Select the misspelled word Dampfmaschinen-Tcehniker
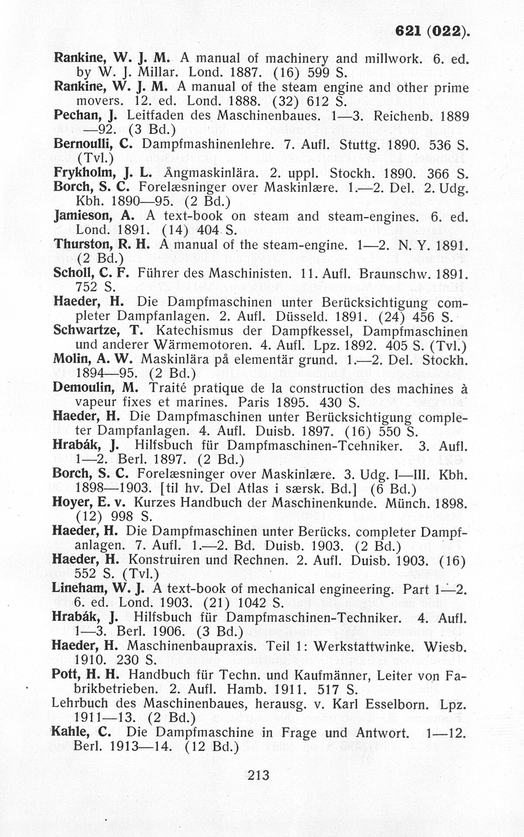314,445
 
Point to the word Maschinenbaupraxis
193,645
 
